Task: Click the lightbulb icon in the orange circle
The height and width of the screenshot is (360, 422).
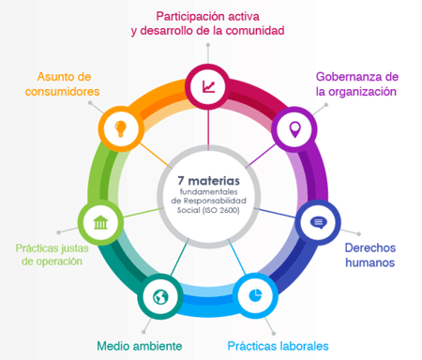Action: click(120, 127)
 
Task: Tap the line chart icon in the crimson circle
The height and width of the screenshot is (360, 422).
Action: click(207, 87)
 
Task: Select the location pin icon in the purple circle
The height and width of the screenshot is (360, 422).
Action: click(294, 127)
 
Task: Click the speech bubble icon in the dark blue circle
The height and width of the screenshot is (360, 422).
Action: click(317, 222)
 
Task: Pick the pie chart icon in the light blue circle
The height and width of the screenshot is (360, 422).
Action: click(256, 293)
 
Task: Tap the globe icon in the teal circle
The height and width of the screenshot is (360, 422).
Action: click(160, 298)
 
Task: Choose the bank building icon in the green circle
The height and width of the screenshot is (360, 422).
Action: click(100, 223)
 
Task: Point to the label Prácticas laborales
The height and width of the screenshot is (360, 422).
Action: click(279, 345)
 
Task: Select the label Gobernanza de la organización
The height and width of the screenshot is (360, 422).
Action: click(357, 83)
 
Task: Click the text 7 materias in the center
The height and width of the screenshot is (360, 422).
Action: click(208, 178)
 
